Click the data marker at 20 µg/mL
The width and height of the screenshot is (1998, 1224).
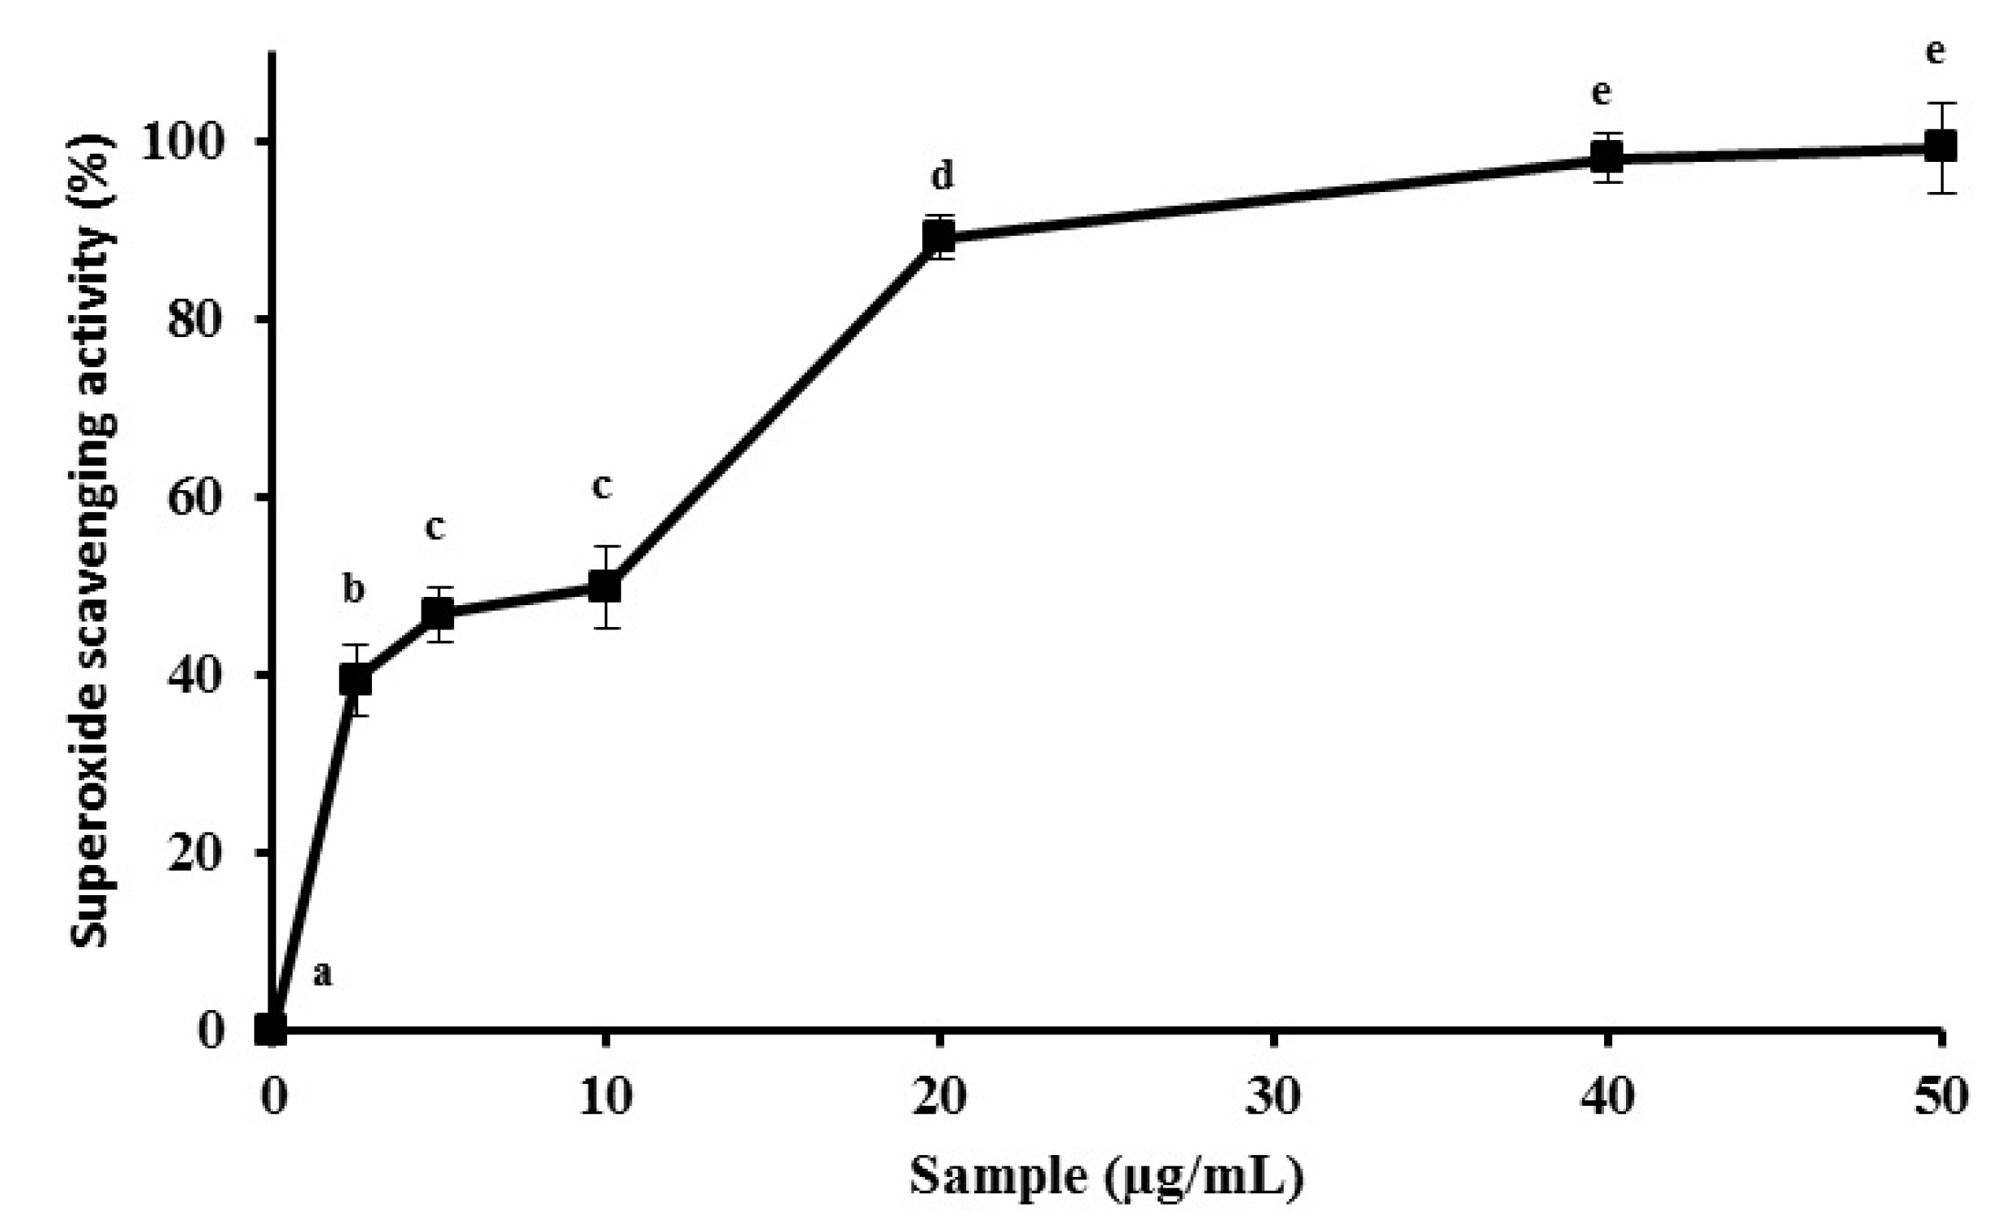tap(939, 237)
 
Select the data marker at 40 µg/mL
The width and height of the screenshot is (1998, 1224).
tap(1607, 157)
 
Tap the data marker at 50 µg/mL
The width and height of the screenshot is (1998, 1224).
tap(1940, 147)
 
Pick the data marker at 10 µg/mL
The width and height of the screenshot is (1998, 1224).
tap(604, 586)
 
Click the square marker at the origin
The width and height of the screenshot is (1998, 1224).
tap(272, 1030)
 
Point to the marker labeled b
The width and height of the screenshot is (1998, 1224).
tap(355, 680)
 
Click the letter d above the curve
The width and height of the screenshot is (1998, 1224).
tap(942, 175)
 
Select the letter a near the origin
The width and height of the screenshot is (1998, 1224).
tap(323, 974)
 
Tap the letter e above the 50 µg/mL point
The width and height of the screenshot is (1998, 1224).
tap(1935, 52)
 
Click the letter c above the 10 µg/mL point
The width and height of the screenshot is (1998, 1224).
tap(601, 486)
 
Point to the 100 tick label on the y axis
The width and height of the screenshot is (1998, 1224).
tap(181, 143)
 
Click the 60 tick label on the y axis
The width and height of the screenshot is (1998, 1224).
tap(195, 497)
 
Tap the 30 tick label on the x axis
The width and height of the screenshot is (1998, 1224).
tap(1273, 1098)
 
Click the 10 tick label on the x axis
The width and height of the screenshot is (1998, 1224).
tap(605, 1098)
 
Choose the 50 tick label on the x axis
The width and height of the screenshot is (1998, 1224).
tap(1940, 1098)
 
